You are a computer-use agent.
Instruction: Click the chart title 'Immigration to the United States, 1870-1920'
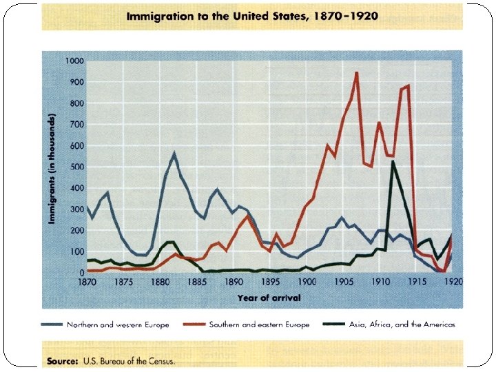click(251, 17)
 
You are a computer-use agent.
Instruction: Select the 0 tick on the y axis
click(81, 273)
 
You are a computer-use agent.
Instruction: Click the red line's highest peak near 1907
click(356, 72)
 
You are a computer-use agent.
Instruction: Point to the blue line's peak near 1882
click(174, 153)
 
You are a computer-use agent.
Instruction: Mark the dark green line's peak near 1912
click(393, 161)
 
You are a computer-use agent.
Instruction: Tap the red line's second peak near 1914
click(408, 86)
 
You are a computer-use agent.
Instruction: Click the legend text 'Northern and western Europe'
click(118, 324)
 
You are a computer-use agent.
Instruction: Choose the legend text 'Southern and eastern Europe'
click(260, 324)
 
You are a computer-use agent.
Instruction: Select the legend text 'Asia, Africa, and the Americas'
click(402, 324)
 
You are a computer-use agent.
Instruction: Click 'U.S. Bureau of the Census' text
click(128, 360)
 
